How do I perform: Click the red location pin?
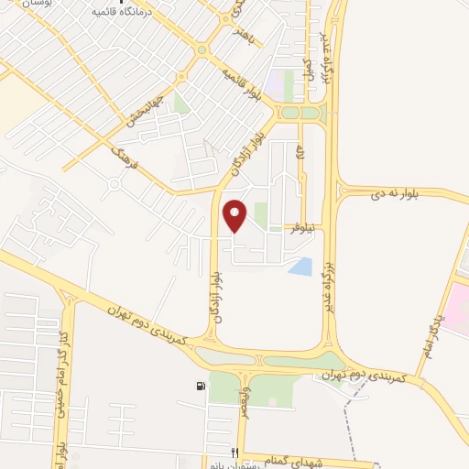tap(235, 216)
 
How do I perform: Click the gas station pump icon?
tap(201, 386)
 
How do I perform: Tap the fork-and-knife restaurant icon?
tap(234, 452)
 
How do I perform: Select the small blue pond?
tap(300, 267)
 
